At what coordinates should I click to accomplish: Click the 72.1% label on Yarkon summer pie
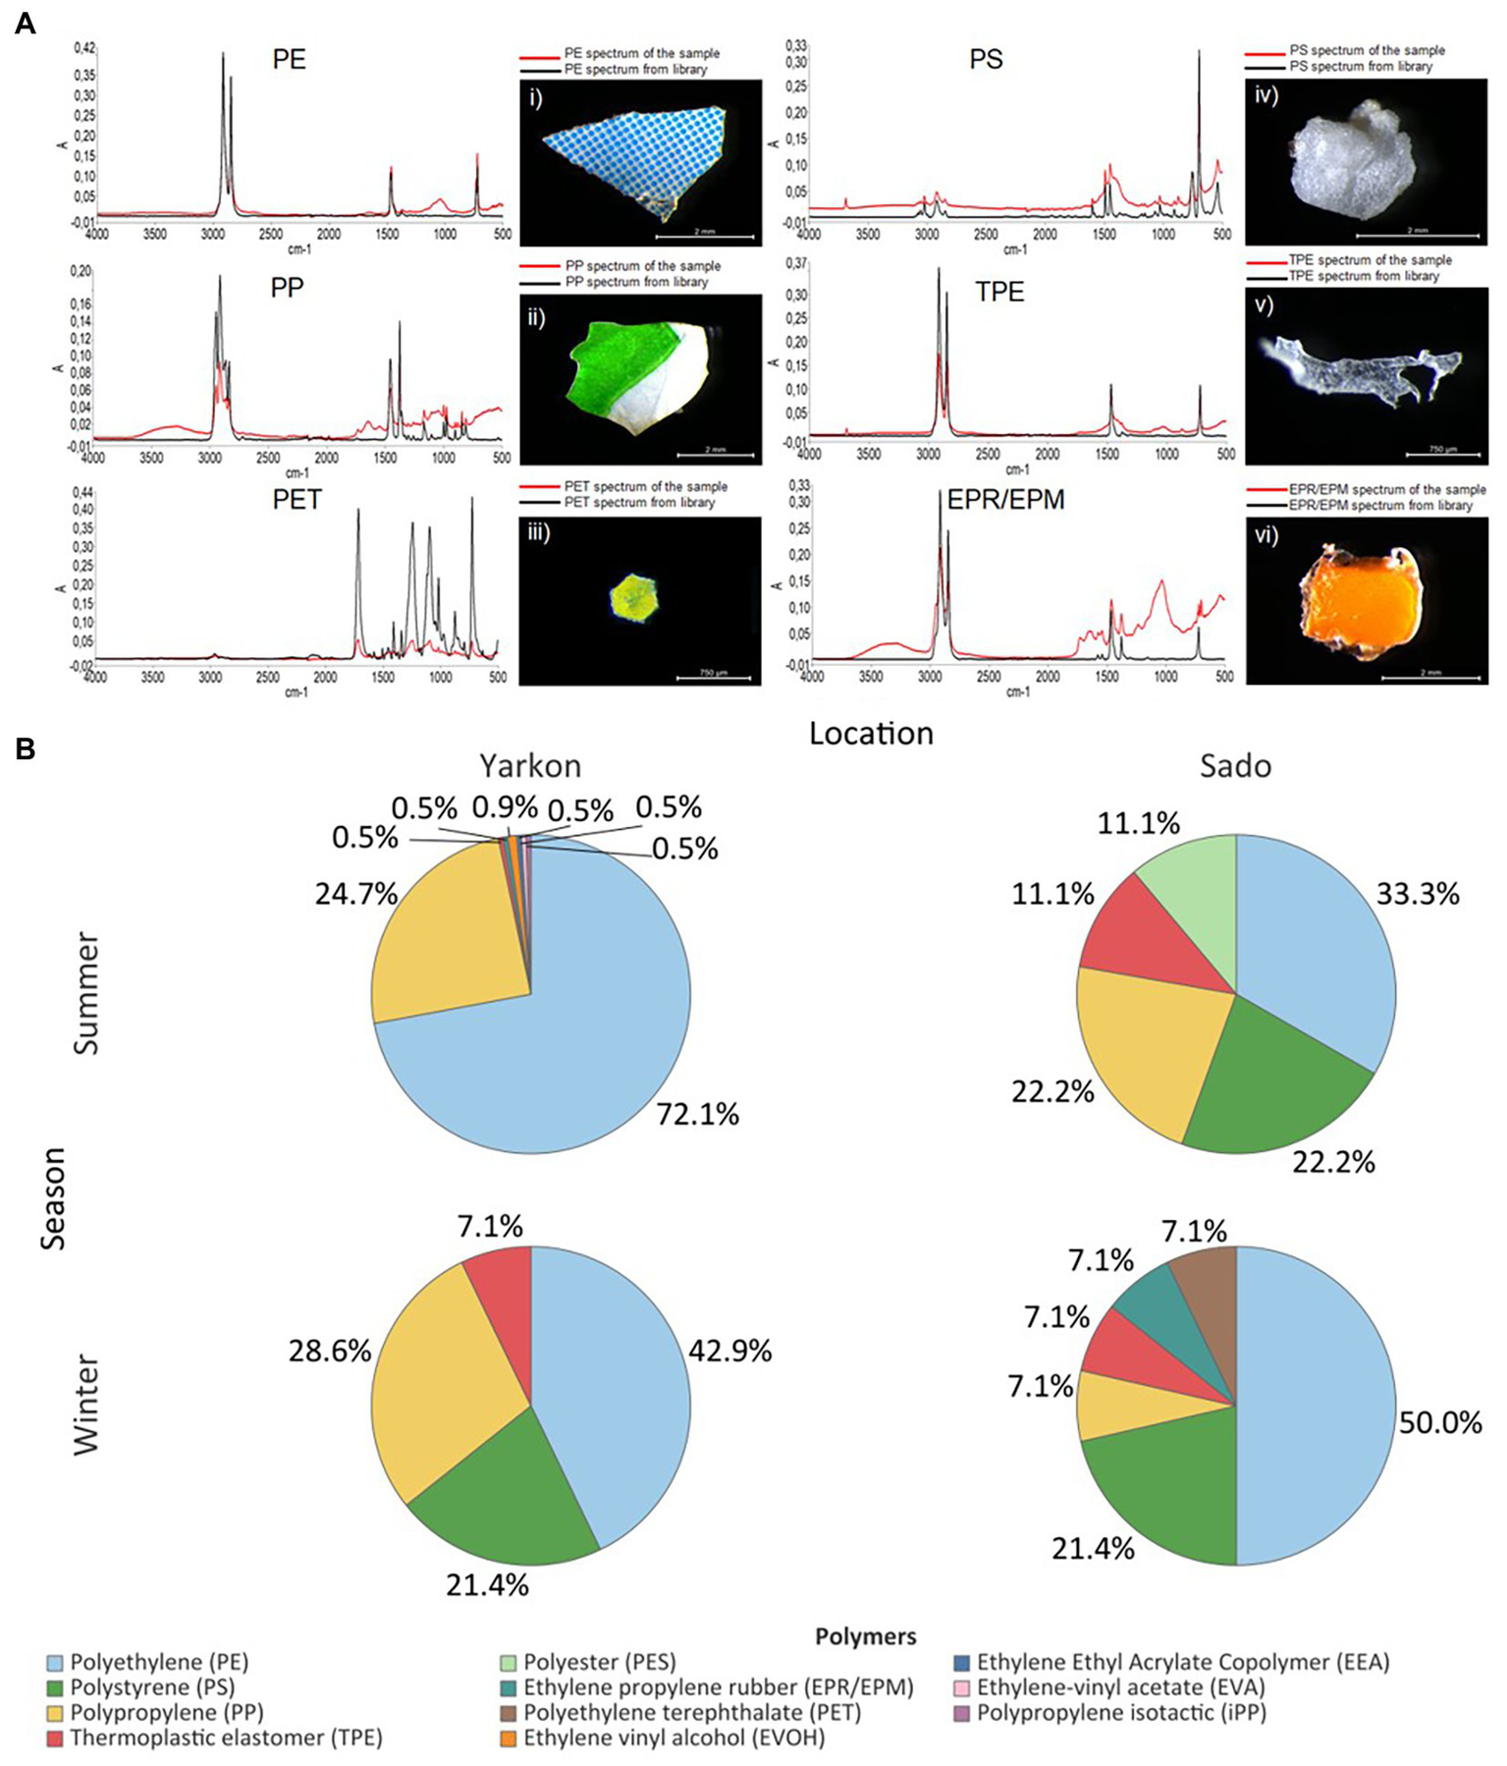[697, 1114]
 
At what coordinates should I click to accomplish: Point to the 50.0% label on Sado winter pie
[1440, 1422]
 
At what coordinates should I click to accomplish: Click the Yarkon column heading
[530, 765]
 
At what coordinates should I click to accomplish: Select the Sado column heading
[1235, 765]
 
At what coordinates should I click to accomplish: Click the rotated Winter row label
[86, 1405]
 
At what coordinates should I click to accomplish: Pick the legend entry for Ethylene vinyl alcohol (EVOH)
[673, 1738]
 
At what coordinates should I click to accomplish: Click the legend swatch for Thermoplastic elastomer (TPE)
[55, 1738]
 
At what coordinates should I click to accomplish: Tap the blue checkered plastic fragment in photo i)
[633, 157]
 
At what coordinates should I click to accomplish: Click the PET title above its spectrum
[296, 500]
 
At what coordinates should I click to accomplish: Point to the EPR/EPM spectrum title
[1005, 500]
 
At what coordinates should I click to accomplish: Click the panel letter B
[25, 749]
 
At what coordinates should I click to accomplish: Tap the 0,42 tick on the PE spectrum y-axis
[84, 47]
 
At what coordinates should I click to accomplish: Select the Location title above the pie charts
[871, 733]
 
